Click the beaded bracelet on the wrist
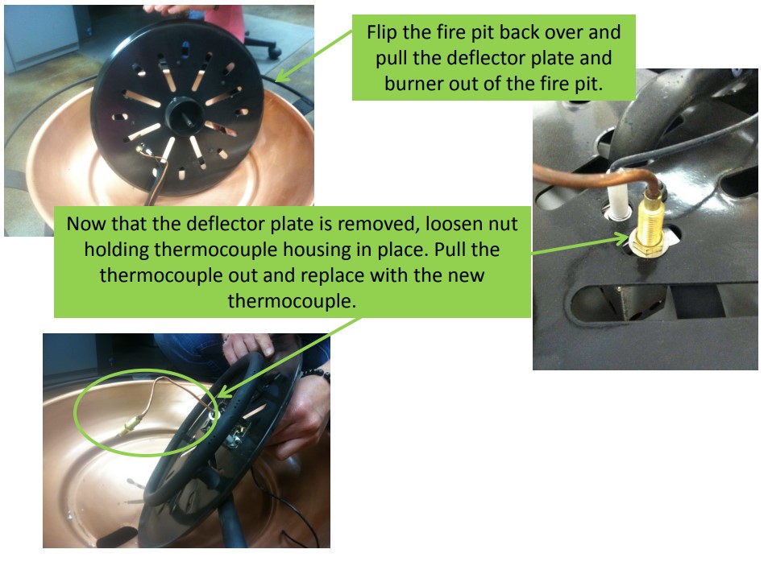pos(311,374)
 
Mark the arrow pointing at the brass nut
pos(580,245)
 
